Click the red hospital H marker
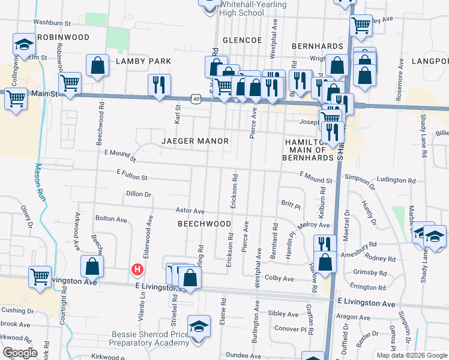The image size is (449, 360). click(137, 270)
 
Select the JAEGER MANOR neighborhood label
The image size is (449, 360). click(195, 141)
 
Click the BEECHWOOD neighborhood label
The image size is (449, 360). click(205, 224)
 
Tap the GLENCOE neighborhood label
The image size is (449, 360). click(243, 40)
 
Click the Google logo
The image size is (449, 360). click(20, 353)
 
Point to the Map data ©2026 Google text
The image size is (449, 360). click(411, 355)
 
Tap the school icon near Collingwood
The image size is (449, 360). click(24, 45)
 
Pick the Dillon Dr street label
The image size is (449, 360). click(139, 194)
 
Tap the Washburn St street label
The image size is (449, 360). click(52, 23)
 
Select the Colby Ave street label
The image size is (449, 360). click(279, 278)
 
